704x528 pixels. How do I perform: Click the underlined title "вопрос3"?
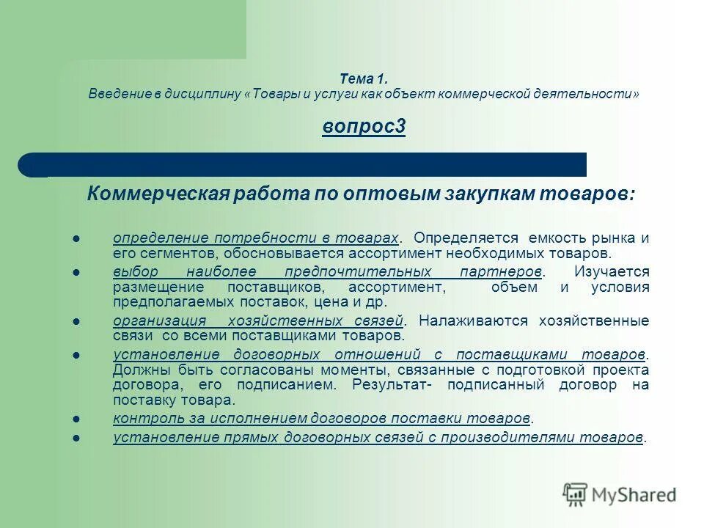[364, 127]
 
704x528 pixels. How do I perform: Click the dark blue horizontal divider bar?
[308, 164]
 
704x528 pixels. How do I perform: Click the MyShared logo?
[620, 494]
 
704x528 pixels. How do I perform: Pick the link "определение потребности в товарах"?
[256, 238]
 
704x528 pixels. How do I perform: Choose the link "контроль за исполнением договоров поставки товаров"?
[321, 418]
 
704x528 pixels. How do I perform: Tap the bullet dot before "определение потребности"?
[76, 238]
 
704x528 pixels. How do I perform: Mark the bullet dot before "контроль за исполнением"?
[76, 418]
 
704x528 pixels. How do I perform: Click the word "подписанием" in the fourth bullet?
[294, 384]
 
